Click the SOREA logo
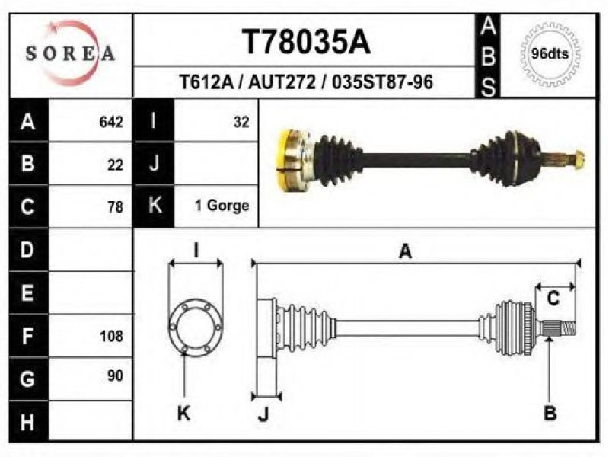coord(70,53)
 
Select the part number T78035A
coord(307,42)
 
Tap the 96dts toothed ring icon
coord(549,54)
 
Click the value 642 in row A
coord(111,122)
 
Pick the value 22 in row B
coord(116,165)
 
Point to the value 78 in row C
coord(116,206)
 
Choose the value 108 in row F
coord(111,336)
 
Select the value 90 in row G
coord(116,376)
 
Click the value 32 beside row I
coord(241,122)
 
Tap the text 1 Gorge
coord(222,205)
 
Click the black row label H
coord(28,422)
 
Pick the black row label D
coord(28,250)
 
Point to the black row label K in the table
coord(155,205)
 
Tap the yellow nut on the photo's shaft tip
coord(579,160)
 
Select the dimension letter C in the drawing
coord(553,299)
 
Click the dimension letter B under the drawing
coord(550,413)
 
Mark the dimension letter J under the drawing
coord(263,414)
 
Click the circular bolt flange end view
coord(196,327)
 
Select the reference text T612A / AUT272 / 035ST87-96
coord(306,82)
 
